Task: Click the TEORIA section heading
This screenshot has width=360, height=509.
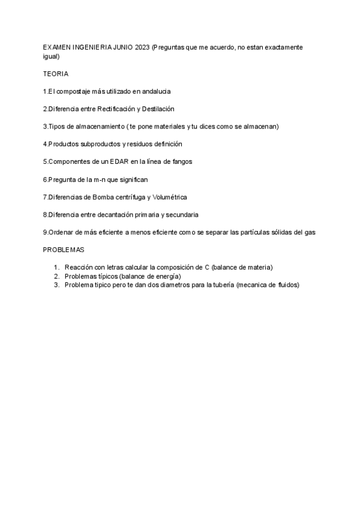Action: click(56, 74)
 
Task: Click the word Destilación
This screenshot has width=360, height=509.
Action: click(158, 109)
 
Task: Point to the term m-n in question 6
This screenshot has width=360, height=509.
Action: click(101, 179)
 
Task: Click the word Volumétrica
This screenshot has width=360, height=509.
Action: click(170, 197)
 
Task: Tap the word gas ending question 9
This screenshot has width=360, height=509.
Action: click(310, 232)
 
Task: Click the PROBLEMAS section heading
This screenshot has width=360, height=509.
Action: click(64, 250)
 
